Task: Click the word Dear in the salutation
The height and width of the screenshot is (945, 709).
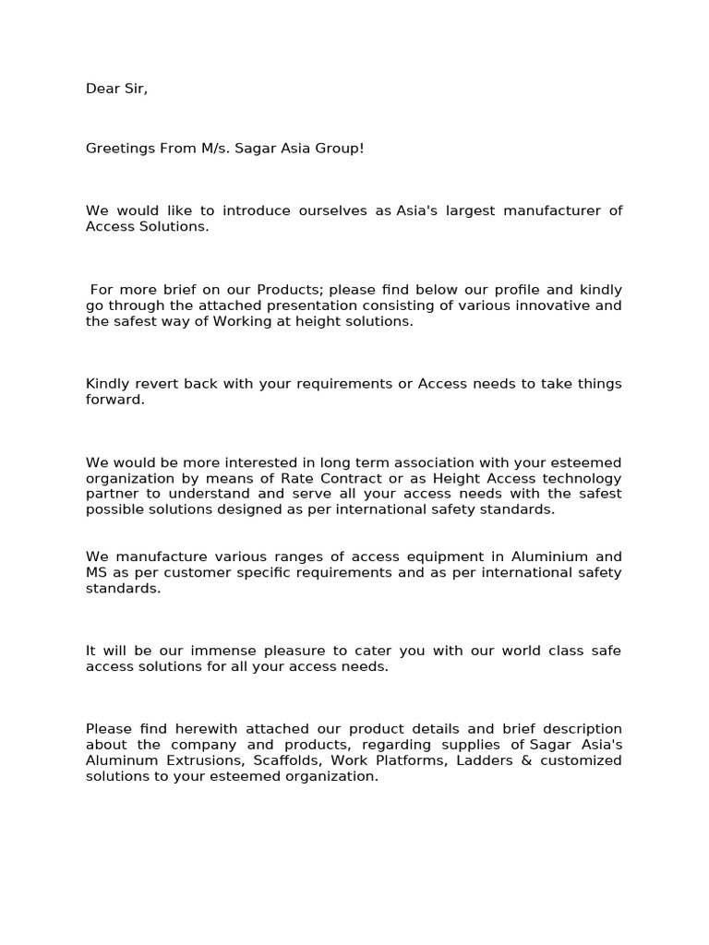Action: click(102, 89)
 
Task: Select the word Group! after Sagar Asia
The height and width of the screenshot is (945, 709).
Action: click(342, 148)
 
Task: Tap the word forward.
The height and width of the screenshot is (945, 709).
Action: click(115, 400)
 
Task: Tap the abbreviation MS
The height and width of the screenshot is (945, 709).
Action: click(96, 572)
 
